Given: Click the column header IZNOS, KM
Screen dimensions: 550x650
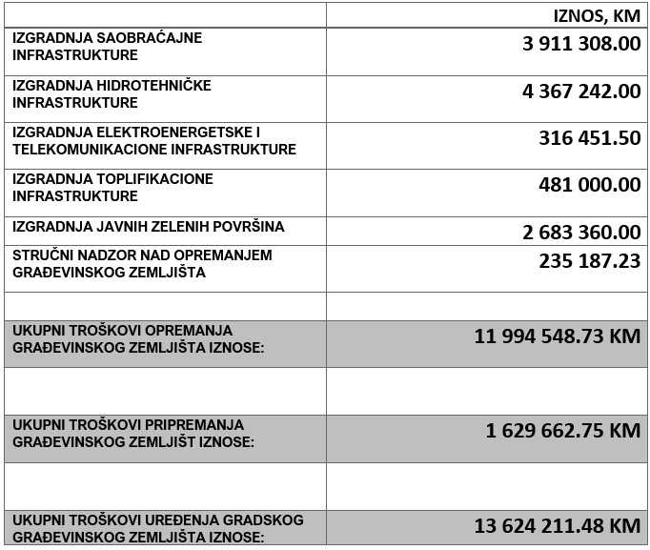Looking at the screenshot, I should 597,15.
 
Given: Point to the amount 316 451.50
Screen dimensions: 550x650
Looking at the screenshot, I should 589,138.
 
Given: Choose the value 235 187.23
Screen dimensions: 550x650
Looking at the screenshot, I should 589,260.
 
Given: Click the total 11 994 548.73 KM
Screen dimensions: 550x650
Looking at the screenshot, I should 557,336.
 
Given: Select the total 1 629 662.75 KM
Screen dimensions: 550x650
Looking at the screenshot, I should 562,430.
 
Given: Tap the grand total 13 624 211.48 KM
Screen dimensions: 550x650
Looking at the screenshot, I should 557,525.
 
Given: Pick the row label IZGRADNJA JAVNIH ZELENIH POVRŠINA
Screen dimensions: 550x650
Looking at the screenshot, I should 149,227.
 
